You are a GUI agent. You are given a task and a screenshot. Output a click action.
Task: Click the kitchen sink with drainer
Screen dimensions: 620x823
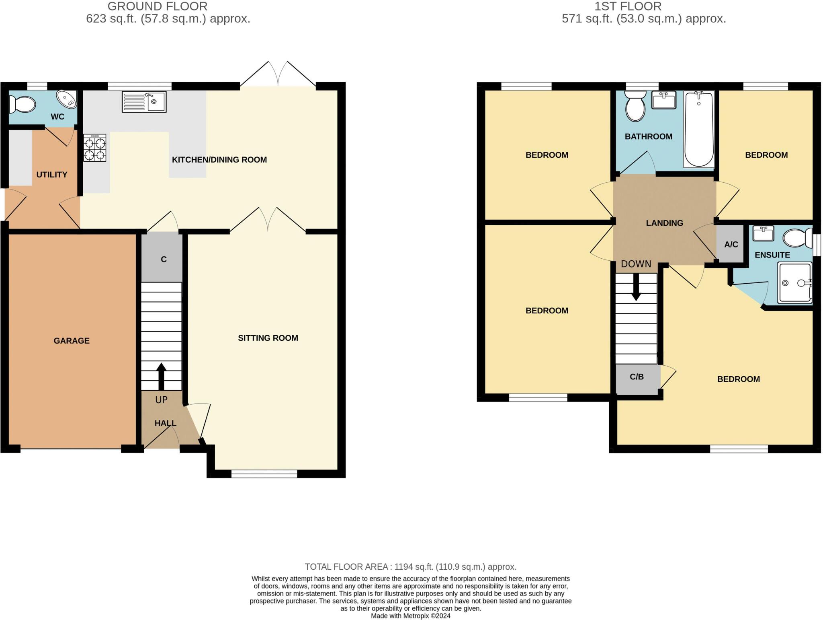click(144, 102)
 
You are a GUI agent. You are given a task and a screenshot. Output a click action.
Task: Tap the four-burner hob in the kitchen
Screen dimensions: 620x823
click(95, 148)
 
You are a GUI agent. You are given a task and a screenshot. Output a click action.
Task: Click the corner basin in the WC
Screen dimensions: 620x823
click(66, 99)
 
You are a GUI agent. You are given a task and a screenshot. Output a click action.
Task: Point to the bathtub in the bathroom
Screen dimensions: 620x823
click(699, 129)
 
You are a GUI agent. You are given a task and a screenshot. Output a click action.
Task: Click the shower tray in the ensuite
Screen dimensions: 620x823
click(794, 282)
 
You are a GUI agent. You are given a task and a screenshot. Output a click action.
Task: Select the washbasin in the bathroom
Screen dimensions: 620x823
click(663, 100)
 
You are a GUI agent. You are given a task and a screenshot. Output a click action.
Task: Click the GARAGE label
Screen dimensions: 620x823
click(72, 341)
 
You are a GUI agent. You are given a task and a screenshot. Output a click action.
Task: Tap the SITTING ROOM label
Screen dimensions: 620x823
click(268, 338)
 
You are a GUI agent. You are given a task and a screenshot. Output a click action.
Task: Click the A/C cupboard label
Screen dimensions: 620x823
click(731, 244)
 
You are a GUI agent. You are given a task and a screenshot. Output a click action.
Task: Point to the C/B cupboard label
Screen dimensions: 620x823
click(637, 377)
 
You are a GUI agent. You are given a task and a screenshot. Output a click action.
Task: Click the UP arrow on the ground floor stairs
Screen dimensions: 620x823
click(161, 376)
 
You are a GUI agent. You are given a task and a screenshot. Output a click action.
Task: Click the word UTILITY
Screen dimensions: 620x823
click(52, 175)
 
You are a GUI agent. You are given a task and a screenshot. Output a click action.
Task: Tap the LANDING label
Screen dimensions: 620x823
click(664, 223)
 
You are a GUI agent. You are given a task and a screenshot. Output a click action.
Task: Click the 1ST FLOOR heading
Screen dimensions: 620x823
click(628, 6)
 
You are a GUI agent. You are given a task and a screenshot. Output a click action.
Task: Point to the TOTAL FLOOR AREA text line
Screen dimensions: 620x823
click(410, 566)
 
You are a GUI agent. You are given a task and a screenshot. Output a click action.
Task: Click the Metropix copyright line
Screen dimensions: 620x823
click(410, 616)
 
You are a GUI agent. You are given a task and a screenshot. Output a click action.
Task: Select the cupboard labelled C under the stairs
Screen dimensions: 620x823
click(164, 260)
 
